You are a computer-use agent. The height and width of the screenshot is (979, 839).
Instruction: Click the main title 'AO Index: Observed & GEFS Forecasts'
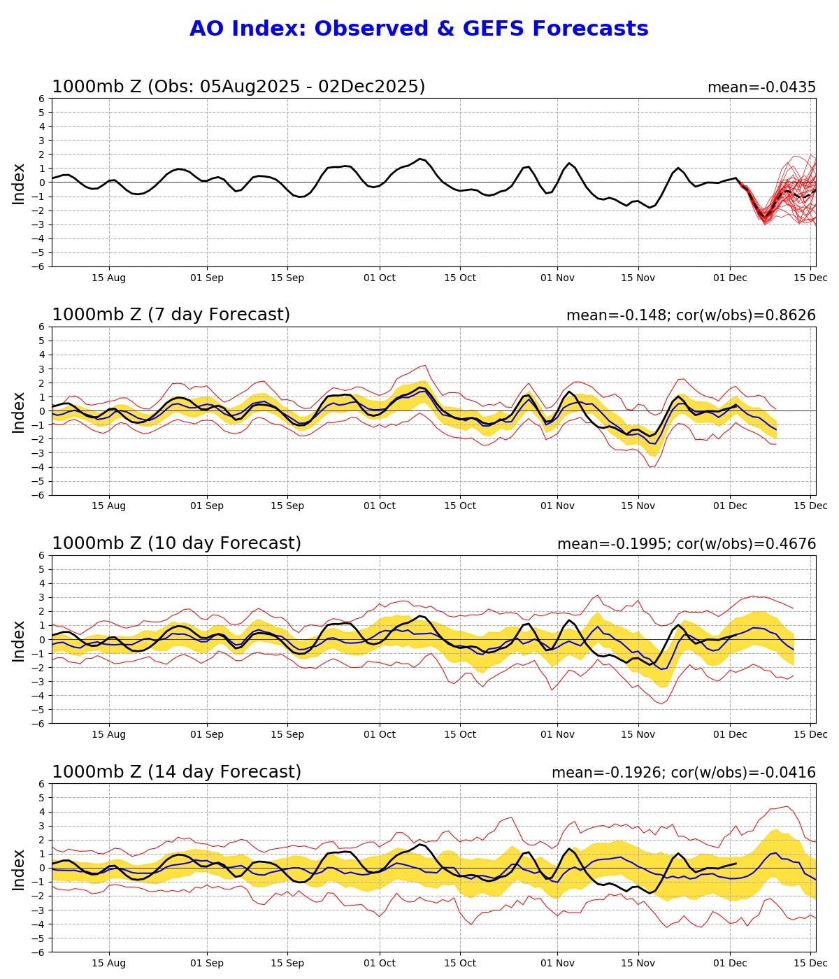(419, 29)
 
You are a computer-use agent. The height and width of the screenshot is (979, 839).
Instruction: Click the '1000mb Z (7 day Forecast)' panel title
(171, 315)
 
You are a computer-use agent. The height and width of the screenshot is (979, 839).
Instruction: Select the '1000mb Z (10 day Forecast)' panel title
(176, 543)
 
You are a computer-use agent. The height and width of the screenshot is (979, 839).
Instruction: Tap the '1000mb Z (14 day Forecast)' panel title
(176, 772)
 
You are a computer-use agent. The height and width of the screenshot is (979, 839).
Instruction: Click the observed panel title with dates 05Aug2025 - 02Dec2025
(238, 87)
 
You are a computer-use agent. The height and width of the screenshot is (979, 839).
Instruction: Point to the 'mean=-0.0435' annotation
(761, 87)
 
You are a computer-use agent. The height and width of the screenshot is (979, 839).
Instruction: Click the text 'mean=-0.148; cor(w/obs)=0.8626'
(691, 315)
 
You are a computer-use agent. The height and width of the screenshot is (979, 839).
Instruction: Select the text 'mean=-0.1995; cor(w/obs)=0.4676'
(686, 544)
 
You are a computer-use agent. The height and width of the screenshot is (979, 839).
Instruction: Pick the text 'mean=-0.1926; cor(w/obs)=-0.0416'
(683, 773)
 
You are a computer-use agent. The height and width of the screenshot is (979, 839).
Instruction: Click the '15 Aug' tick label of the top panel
(109, 278)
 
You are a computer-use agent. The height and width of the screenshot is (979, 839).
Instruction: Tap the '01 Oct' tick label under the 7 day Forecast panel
(380, 506)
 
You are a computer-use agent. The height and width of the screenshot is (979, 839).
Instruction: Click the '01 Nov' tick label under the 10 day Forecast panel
(558, 734)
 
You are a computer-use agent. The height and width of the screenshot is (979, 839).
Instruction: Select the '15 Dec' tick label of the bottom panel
(811, 963)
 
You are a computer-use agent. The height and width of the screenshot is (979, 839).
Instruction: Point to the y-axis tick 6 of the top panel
(42, 99)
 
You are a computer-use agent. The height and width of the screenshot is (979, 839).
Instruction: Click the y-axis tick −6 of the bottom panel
(39, 952)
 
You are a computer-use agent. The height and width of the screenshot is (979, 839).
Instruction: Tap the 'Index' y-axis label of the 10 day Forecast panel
(19, 640)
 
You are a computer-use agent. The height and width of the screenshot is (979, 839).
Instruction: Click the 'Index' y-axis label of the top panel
(19, 183)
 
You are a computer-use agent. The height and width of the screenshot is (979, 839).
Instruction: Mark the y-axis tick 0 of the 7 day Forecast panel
(42, 411)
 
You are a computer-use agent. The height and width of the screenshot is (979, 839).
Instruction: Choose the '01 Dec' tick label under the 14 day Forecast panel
(730, 963)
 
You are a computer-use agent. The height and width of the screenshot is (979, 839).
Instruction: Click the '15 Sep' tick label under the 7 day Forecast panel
(287, 506)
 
